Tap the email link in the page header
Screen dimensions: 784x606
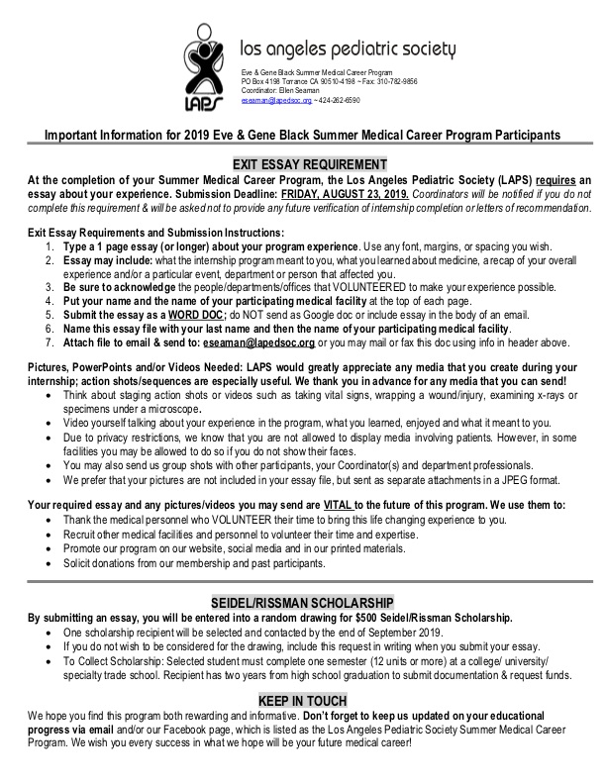tap(276, 101)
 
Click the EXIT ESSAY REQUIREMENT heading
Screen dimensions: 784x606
tap(309, 163)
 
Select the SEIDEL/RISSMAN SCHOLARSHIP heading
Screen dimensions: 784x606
tap(309, 602)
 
